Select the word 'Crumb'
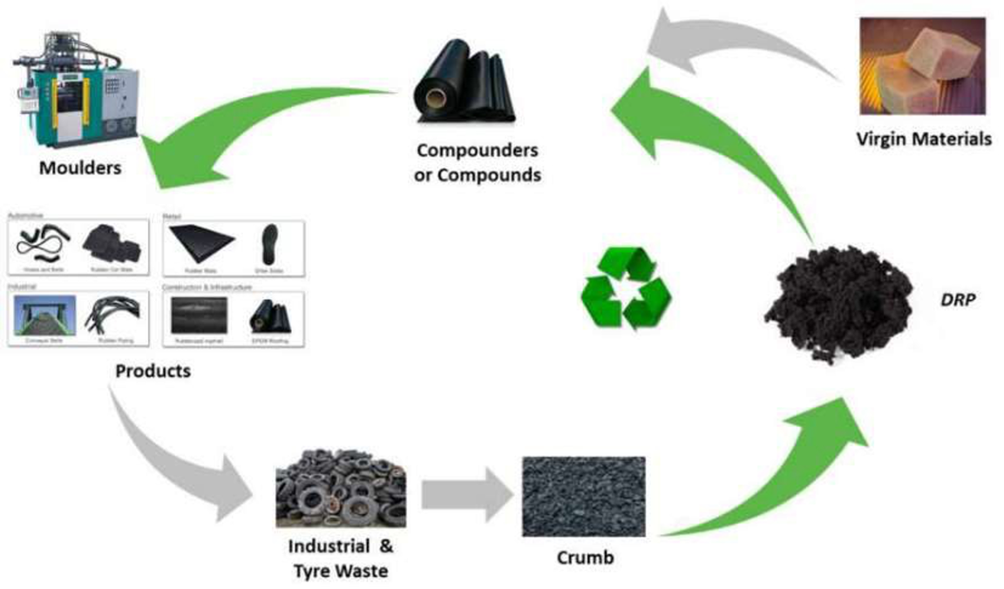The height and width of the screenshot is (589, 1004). [584, 557]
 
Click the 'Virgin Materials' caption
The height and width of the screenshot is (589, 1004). [924, 139]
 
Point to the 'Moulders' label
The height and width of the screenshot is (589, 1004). [80, 167]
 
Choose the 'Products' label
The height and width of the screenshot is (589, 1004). [153, 371]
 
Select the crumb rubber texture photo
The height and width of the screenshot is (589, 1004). [583, 496]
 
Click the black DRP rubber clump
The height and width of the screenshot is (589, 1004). [837, 301]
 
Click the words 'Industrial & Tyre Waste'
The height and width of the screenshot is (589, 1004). [341, 559]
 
